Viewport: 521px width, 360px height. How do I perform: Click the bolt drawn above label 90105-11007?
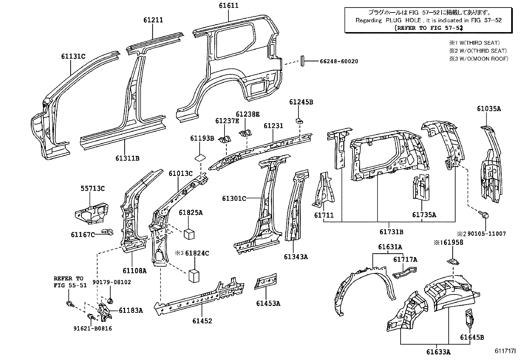click(x=484, y=215)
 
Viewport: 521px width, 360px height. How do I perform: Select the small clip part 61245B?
click(x=298, y=120)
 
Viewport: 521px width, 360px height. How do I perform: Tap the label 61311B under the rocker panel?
click(x=127, y=158)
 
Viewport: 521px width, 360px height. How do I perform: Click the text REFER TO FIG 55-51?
click(x=70, y=282)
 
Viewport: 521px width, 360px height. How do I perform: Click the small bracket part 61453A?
click(x=266, y=281)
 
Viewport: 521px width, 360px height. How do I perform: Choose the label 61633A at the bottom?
click(x=438, y=352)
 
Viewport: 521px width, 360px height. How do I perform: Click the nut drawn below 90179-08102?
click(x=111, y=299)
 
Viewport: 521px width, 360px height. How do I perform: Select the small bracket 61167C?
click(x=107, y=232)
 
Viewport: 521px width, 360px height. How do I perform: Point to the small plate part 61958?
click(x=453, y=261)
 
